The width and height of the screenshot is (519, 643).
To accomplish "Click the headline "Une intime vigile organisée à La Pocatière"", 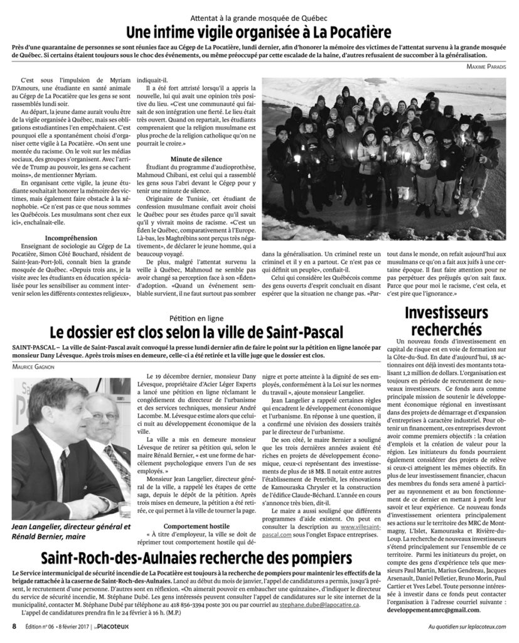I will tap(259, 31).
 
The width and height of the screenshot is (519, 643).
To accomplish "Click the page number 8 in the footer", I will tap(13, 626).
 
